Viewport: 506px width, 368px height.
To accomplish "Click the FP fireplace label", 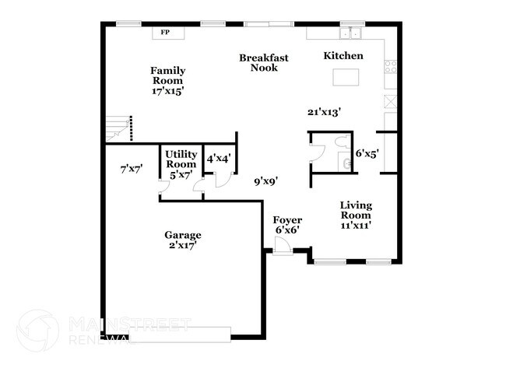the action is pos(165,32).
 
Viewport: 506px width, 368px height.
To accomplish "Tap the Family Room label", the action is pos(168,75).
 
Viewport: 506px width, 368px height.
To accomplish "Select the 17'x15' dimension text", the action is pos(168,91).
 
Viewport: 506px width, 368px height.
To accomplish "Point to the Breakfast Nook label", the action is pos(264,62).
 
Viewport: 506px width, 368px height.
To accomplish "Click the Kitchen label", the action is pos(343,55).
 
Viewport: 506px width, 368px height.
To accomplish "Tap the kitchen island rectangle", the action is pos(346,77).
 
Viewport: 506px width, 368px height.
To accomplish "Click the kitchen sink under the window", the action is pos(350,33).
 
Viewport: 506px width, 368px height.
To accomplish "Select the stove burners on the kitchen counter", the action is pos(391,66).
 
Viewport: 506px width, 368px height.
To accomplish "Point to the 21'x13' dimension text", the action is pos(325,112).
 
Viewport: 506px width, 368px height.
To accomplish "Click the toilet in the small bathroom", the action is pos(343,142).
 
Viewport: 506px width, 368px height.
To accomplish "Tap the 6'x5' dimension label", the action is pos(367,153).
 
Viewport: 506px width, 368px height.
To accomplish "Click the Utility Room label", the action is pos(181,159).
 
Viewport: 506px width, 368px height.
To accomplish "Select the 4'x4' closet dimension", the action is pos(219,159).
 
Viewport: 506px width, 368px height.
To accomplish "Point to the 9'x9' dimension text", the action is pos(266,182).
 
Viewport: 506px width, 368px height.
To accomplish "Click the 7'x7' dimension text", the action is pos(132,169).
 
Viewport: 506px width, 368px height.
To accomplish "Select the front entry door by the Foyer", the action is pos(283,246).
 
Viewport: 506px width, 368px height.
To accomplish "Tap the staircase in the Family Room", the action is pos(119,128).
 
